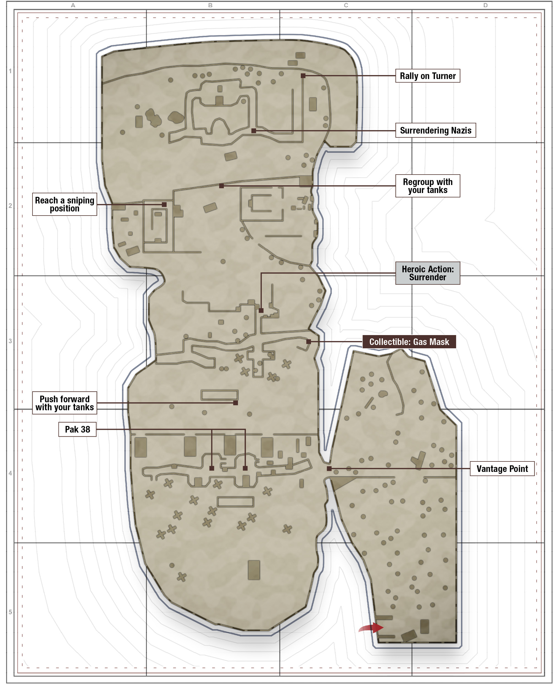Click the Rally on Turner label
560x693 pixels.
coord(428,76)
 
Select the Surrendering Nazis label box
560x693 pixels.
coord(435,130)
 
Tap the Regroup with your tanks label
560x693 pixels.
coord(428,186)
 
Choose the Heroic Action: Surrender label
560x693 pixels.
coord(428,273)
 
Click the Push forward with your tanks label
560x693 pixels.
coord(64,403)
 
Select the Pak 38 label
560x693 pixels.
coord(77,429)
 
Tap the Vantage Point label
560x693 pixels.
coord(502,469)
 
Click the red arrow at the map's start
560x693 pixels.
coord(371,627)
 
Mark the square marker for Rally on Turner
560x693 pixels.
coord(303,76)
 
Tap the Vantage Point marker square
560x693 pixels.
coord(329,469)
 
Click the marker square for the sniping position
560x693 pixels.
coord(164,205)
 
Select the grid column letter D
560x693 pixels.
coord(485,5)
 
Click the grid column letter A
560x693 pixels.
coord(73,5)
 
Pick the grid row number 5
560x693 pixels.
coord(10,612)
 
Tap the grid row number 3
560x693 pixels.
coord(10,341)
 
